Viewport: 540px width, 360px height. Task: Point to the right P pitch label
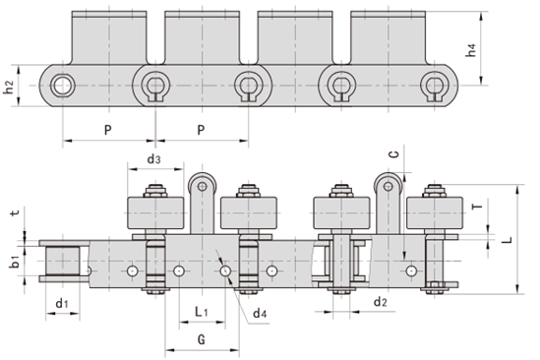(x=201, y=130)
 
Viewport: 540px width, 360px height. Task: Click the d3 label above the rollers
(x=153, y=159)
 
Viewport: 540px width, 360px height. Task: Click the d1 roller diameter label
(x=61, y=303)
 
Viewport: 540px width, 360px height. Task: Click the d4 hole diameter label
(x=259, y=313)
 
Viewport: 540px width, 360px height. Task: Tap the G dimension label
(x=201, y=340)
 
